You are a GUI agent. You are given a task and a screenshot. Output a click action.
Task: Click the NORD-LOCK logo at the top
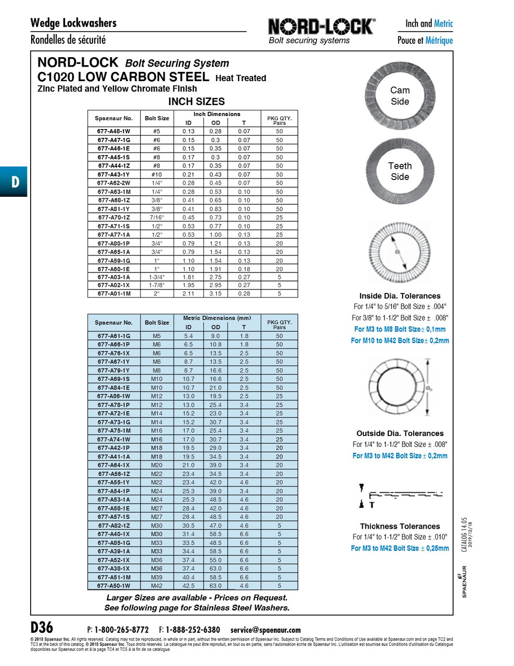pos(321,27)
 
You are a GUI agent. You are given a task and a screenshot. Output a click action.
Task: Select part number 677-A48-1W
pos(113,132)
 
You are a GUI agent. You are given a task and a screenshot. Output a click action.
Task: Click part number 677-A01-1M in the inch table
pos(113,293)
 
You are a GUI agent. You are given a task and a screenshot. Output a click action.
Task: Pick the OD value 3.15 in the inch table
pos(215,293)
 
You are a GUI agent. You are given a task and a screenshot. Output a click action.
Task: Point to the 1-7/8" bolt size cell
pos(156,285)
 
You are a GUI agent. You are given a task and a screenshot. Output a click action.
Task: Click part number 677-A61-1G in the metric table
pos(113,336)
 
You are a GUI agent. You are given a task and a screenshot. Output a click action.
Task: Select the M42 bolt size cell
pos(156,586)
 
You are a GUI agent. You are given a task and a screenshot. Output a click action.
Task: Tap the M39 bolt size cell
pos(156,577)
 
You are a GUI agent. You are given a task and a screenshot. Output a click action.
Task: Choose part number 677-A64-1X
pos(113,465)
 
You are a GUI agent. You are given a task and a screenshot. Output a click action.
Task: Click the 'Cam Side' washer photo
pos(400,96)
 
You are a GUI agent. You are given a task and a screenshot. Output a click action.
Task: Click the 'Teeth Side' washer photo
pos(400,171)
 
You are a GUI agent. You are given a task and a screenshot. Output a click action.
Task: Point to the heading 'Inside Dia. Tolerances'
pos(400,296)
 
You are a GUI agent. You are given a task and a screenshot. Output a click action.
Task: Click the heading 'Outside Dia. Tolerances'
pos(400,433)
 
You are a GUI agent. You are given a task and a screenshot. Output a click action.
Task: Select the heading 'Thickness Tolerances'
pos(400,526)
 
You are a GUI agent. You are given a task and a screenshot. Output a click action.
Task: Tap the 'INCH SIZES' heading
pos(196,101)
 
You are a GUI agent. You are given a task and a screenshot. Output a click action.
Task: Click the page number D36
pos(42,627)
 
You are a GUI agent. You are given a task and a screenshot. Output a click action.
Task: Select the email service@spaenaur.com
pos(265,630)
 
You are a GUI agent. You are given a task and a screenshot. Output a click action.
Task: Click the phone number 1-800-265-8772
pos(121,630)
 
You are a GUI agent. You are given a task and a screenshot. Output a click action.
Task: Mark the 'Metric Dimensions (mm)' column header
pos(217,318)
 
